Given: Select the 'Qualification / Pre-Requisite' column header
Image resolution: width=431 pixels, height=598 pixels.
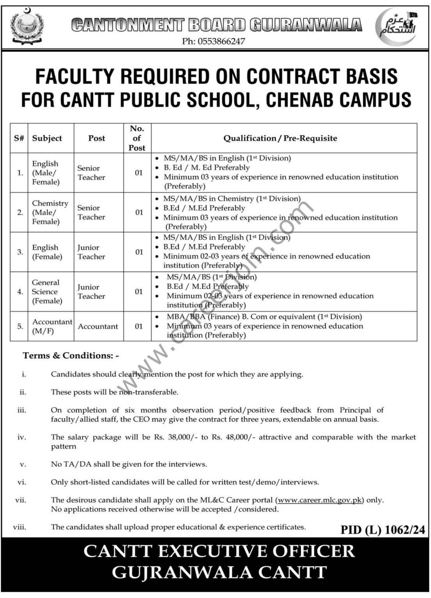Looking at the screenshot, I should [x=280, y=138].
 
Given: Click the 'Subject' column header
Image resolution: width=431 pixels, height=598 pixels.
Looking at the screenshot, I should [x=47, y=138].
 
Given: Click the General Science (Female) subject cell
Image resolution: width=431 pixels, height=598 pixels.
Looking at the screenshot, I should [x=47, y=292].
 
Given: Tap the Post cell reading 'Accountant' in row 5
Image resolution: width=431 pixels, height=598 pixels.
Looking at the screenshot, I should [x=98, y=326].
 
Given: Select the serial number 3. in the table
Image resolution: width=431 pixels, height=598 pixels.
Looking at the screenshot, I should [x=20, y=252].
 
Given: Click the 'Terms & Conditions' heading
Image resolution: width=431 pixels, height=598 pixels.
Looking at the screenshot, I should [x=70, y=355].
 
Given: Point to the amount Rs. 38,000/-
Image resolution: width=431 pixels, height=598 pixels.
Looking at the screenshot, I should [x=175, y=437].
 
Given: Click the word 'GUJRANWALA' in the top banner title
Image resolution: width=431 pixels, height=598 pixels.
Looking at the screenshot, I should [x=306, y=25].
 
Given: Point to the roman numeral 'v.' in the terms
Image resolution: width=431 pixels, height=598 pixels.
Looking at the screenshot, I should [x=23, y=464].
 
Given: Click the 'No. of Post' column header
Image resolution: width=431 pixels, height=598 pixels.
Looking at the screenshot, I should [x=137, y=138].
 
